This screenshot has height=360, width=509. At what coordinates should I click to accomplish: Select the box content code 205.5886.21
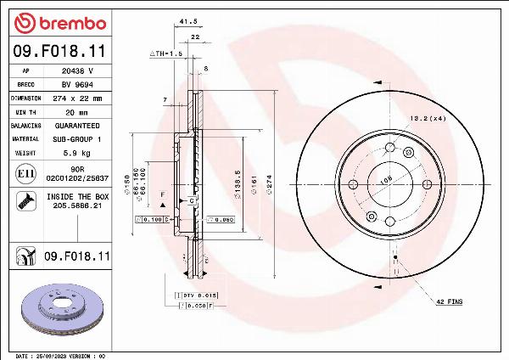(76, 205)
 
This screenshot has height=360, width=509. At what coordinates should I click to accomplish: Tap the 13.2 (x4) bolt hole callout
(428, 119)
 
